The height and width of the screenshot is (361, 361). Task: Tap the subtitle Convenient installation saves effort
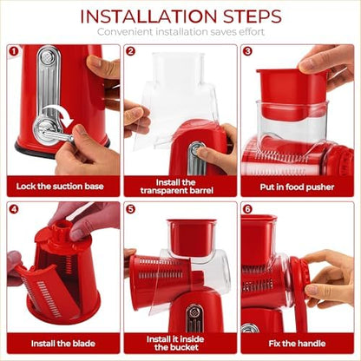pyautogui.click(x=180, y=31)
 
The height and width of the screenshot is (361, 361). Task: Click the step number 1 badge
pyautogui.click(x=13, y=51)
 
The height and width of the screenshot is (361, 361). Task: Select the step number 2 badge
pyautogui.click(x=130, y=51)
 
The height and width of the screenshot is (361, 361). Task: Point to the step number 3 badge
pyautogui.click(x=246, y=51)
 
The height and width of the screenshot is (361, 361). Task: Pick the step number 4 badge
pyautogui.click(x=13, y=209)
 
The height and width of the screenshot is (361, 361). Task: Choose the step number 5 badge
pyautogui.click(x=130, y=209)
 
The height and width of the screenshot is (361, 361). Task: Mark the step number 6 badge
pyautogui.click(x=246, y=209)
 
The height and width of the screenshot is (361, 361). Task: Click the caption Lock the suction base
pyautogui.click(x=61, y=186)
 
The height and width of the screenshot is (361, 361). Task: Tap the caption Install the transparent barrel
pyautogui.click(x=180, y=186)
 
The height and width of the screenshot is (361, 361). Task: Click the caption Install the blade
pyautogui.click(x=61, y=341)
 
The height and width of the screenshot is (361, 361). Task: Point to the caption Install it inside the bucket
pyautogui.click(x=180, y=341)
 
